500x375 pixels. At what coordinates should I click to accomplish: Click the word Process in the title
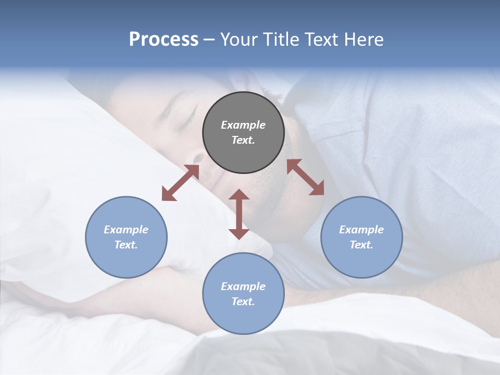[164, 40]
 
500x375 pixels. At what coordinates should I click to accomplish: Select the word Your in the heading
[240, 40]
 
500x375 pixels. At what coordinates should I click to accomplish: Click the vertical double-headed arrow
[239, 214]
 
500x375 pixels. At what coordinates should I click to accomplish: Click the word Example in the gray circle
[243, 125]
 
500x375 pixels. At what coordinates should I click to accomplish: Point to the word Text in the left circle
[126, 245]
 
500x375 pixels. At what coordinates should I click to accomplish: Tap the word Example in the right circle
[361, 230]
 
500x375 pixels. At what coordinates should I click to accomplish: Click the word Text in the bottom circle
[243, 302]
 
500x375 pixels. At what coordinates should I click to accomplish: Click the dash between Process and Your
[209, 40]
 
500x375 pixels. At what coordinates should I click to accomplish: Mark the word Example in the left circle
[126, 230]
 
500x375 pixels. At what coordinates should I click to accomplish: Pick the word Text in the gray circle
[243, 140]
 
